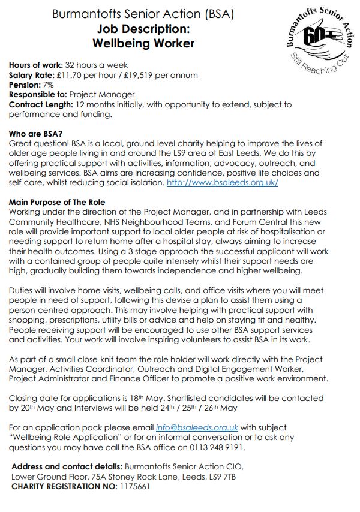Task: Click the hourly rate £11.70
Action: click(77, 76)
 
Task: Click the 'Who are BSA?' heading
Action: click(35, 134)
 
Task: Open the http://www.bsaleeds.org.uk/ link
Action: click(222, 182)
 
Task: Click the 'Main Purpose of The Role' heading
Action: click(57, 202)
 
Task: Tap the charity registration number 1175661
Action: click(134, 486)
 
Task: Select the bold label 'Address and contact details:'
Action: click(67, 466)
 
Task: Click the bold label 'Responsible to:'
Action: click(38, 95)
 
